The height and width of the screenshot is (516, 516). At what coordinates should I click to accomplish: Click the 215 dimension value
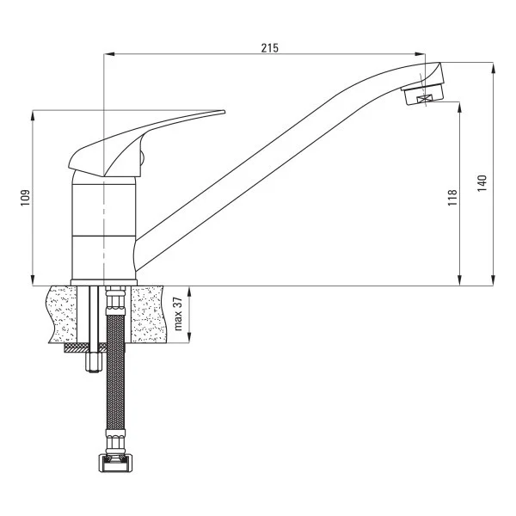[x=269, y=48]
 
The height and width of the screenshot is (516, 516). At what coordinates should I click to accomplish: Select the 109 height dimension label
[x=25, y=197]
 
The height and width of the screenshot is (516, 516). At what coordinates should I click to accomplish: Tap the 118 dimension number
[x=452, y=197]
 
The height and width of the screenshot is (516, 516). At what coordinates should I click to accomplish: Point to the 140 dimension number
[x=482, y=182]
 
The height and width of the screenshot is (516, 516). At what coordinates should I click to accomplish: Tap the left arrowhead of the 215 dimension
[x=107, y=55]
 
